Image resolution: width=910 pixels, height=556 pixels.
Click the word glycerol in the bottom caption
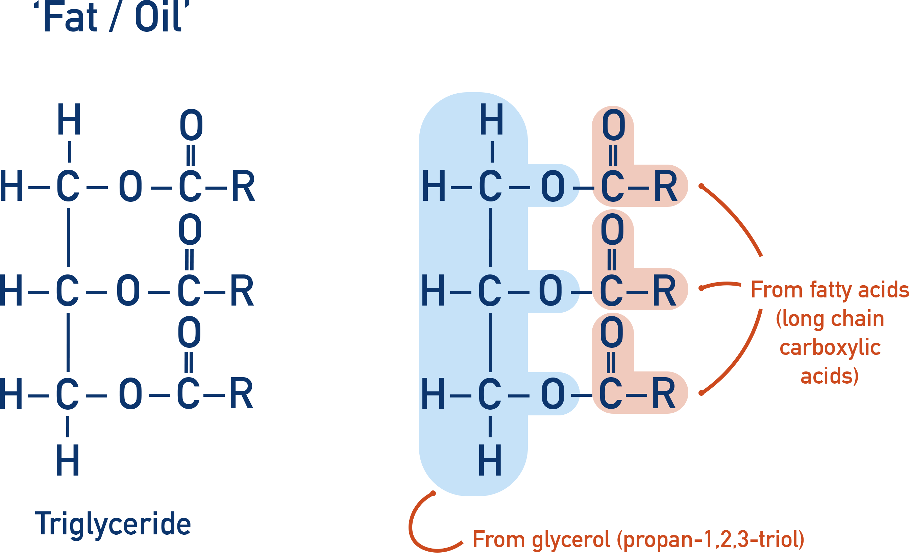571,540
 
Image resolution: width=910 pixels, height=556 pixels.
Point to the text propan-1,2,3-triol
711,540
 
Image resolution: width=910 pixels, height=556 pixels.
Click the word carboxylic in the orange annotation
830,348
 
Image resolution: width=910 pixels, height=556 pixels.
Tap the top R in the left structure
243,186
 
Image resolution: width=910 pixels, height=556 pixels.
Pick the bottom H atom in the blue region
490,460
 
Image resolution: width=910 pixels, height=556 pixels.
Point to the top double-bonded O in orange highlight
613,125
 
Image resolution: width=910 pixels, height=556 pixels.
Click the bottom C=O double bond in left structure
188,362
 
